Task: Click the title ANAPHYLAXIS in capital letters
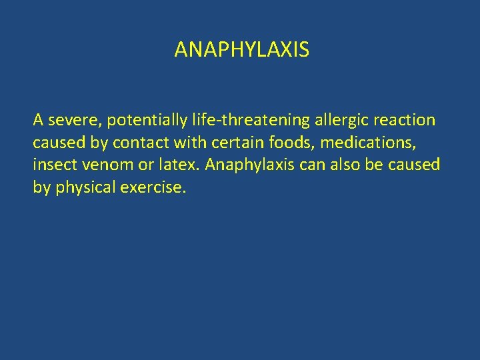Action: tap(241, 50)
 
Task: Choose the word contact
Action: tap(137, 143)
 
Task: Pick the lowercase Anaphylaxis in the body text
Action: tap(250, 165)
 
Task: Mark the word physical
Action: tap(85, 187)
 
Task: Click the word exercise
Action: tap(153, 187)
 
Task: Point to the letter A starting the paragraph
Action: tap(39, 121)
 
